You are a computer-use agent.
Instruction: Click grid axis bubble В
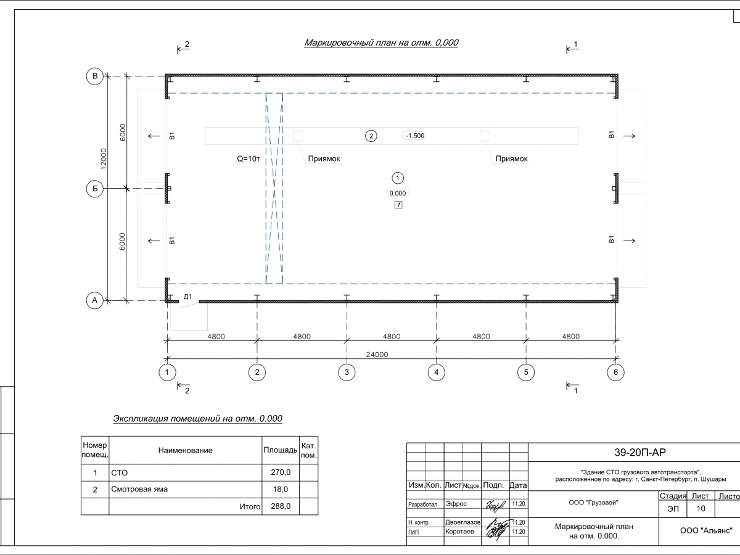coord(95,76)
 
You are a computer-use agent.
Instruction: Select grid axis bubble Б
coord(95,189)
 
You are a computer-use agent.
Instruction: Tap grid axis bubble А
coord(95,300)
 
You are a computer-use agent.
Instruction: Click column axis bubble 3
coord(347,372)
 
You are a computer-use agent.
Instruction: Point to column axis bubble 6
coord(615,372)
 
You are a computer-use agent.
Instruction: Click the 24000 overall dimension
coord(377,355)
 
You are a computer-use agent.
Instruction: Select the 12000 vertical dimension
coord(105,158)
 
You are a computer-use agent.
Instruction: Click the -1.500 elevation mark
coord(414,136)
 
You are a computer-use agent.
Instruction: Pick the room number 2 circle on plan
coord(371,136)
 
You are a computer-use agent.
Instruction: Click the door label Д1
coord(189,297)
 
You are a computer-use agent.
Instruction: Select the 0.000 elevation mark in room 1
coord(398,193)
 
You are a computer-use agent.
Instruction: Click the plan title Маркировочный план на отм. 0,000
coord(381,43)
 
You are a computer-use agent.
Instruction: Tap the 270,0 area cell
coord(281,472)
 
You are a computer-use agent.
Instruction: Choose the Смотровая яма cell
coord(139,490)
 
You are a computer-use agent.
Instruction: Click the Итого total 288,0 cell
coord(281,506)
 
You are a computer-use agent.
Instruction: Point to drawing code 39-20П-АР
coord(639,452)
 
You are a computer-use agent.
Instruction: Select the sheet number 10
coord(701,509)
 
